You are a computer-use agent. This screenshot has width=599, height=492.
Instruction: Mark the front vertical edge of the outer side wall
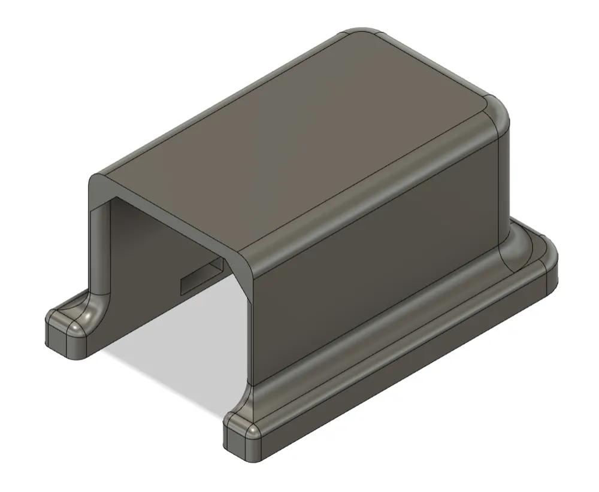coord(250,323)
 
